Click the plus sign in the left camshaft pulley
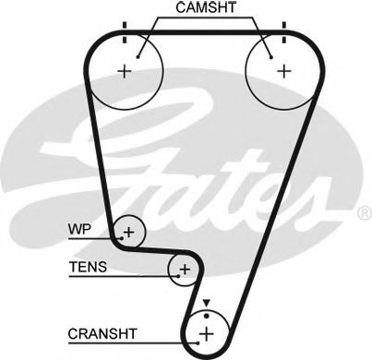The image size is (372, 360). pyautogui.click(x=126, y=70)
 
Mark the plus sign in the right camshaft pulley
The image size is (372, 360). pyautogui.click(x=283, y=70)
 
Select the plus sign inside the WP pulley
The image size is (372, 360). pyautogui.click(x=129, y=232)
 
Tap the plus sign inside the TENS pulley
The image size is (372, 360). pyautogui.click(x=184, y=270)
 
